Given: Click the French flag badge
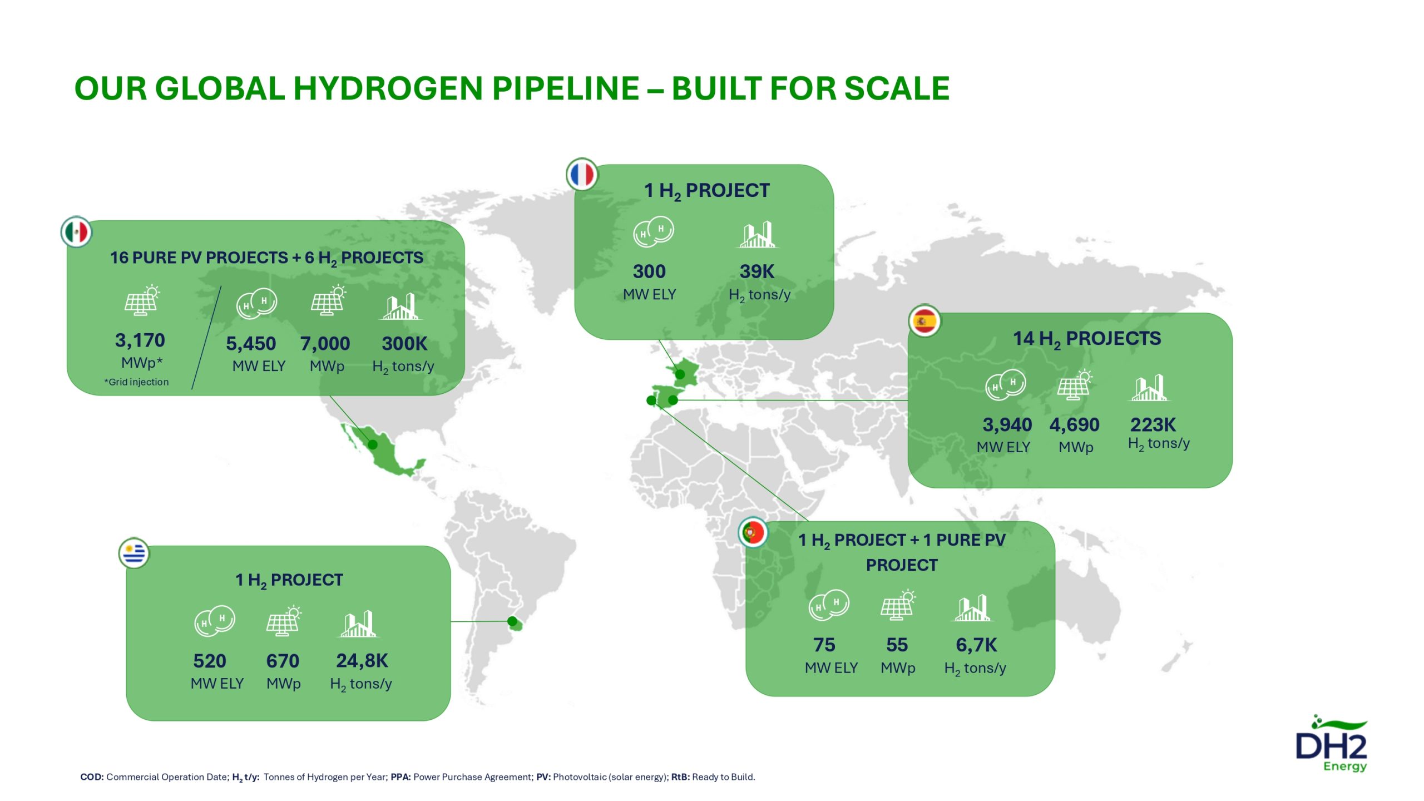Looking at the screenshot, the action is pyautogui.click(x=582, y=174).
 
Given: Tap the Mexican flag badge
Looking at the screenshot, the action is pyautogui.click(x=76, y=232).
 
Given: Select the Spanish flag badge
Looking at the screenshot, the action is pyautogui.click(x=924, y=321).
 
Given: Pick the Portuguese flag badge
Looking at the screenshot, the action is pyautogui.click(x=753, y=532).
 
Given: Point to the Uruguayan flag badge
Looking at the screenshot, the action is pyautogui.click(x=134, y=553).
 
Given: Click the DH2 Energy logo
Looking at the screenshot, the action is pyautogui.click(x=1332, y=744).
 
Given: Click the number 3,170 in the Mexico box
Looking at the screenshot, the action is pyautogui.click(x=140, y=340).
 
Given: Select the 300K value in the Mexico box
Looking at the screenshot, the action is pyautogui.click(x=404, y=343).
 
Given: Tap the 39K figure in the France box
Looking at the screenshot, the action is pyautogui.click(x=757, y=271).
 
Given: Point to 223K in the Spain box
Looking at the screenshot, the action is pyautogui.click(x=1153, y=424).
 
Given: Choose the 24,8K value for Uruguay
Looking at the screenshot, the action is pyautogui.click(x=362, y=660).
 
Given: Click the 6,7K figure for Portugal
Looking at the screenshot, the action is pyautogui.click(x=976, y=645).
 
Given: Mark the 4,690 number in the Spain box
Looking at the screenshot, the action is pyautogui.click(x=1075, y=424).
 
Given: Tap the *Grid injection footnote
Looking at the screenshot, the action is pyautogui.click(x=136, y=382).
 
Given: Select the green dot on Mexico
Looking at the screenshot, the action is pyautogui.click(x=373, y=444).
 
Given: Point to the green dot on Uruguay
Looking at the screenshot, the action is pyautogui.click(x=512, y=621).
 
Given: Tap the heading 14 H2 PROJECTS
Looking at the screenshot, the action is pyautogui.click(x=1087, y=338).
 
